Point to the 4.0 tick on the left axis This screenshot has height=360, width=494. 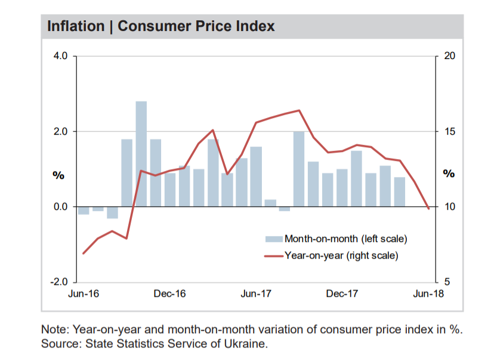[62, 57]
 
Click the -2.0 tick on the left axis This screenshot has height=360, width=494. [60, 282]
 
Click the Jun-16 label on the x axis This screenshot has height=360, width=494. [84, 294]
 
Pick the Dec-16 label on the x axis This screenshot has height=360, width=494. [170, 294]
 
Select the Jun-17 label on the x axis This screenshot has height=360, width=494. [256, 294]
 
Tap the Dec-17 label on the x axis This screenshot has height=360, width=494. [342, 294]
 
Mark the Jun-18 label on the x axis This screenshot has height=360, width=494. [428, 294]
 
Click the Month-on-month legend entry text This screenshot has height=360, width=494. [345, 239]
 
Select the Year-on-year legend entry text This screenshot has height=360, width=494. [341, 256]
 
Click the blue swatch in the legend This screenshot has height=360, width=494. [274, 239]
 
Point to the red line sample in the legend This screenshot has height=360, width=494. [274, 256]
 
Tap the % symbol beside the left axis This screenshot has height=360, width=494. [58, 175]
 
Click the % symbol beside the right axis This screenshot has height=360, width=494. [449, 175]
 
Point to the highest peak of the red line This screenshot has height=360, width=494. [299, 110]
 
